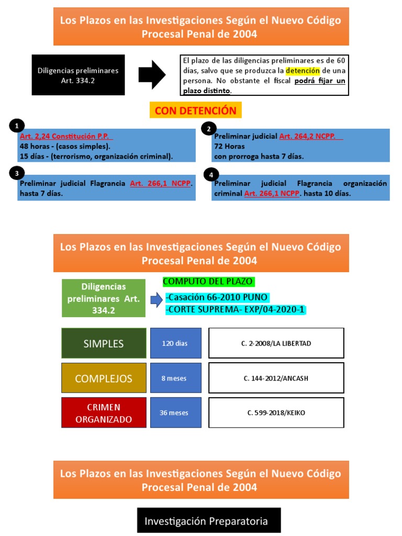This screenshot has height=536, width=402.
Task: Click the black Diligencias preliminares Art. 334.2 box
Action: tap(78, 75)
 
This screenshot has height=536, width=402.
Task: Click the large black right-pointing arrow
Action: tap(152, 75)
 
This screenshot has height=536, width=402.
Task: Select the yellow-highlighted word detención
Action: tap(303, 70)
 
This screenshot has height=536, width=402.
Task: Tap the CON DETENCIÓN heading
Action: tap(195, 111)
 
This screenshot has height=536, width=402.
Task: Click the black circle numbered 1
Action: tap(17, 126)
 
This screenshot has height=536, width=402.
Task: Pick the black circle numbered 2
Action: tap(209, 129)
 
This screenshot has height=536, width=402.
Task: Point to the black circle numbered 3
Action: tap(17, 173)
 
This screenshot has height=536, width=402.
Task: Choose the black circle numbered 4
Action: tap(210, 175)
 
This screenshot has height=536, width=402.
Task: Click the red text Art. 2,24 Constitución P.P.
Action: tap(65, 136)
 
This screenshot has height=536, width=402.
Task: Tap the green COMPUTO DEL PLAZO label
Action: tap(208, 282)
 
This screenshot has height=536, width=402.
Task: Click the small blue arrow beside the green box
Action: tap(156, 300)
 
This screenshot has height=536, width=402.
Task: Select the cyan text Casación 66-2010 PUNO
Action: tap(216, 297)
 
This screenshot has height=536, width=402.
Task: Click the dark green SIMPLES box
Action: tap(103, 343)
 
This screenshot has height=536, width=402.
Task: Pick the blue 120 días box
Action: tap(175, 343)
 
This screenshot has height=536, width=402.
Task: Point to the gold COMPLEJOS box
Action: tap(103, 378)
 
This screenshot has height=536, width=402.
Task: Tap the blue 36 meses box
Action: tap(175, 412)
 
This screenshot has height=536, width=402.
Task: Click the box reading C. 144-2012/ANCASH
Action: tap(276, 378)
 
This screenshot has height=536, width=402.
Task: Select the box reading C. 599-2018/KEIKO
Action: tap(276, 412)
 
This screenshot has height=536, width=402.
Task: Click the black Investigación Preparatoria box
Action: tap(209, 521)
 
